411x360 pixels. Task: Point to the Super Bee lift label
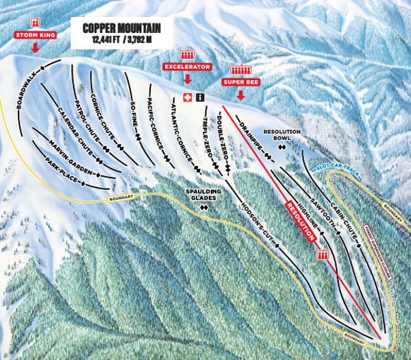coord(240,82)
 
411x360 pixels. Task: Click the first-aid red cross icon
coord(187,97)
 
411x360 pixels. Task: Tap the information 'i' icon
coord(199,97)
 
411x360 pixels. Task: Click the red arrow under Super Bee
coord(240,95)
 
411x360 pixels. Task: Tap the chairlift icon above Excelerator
coord(186,53)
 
